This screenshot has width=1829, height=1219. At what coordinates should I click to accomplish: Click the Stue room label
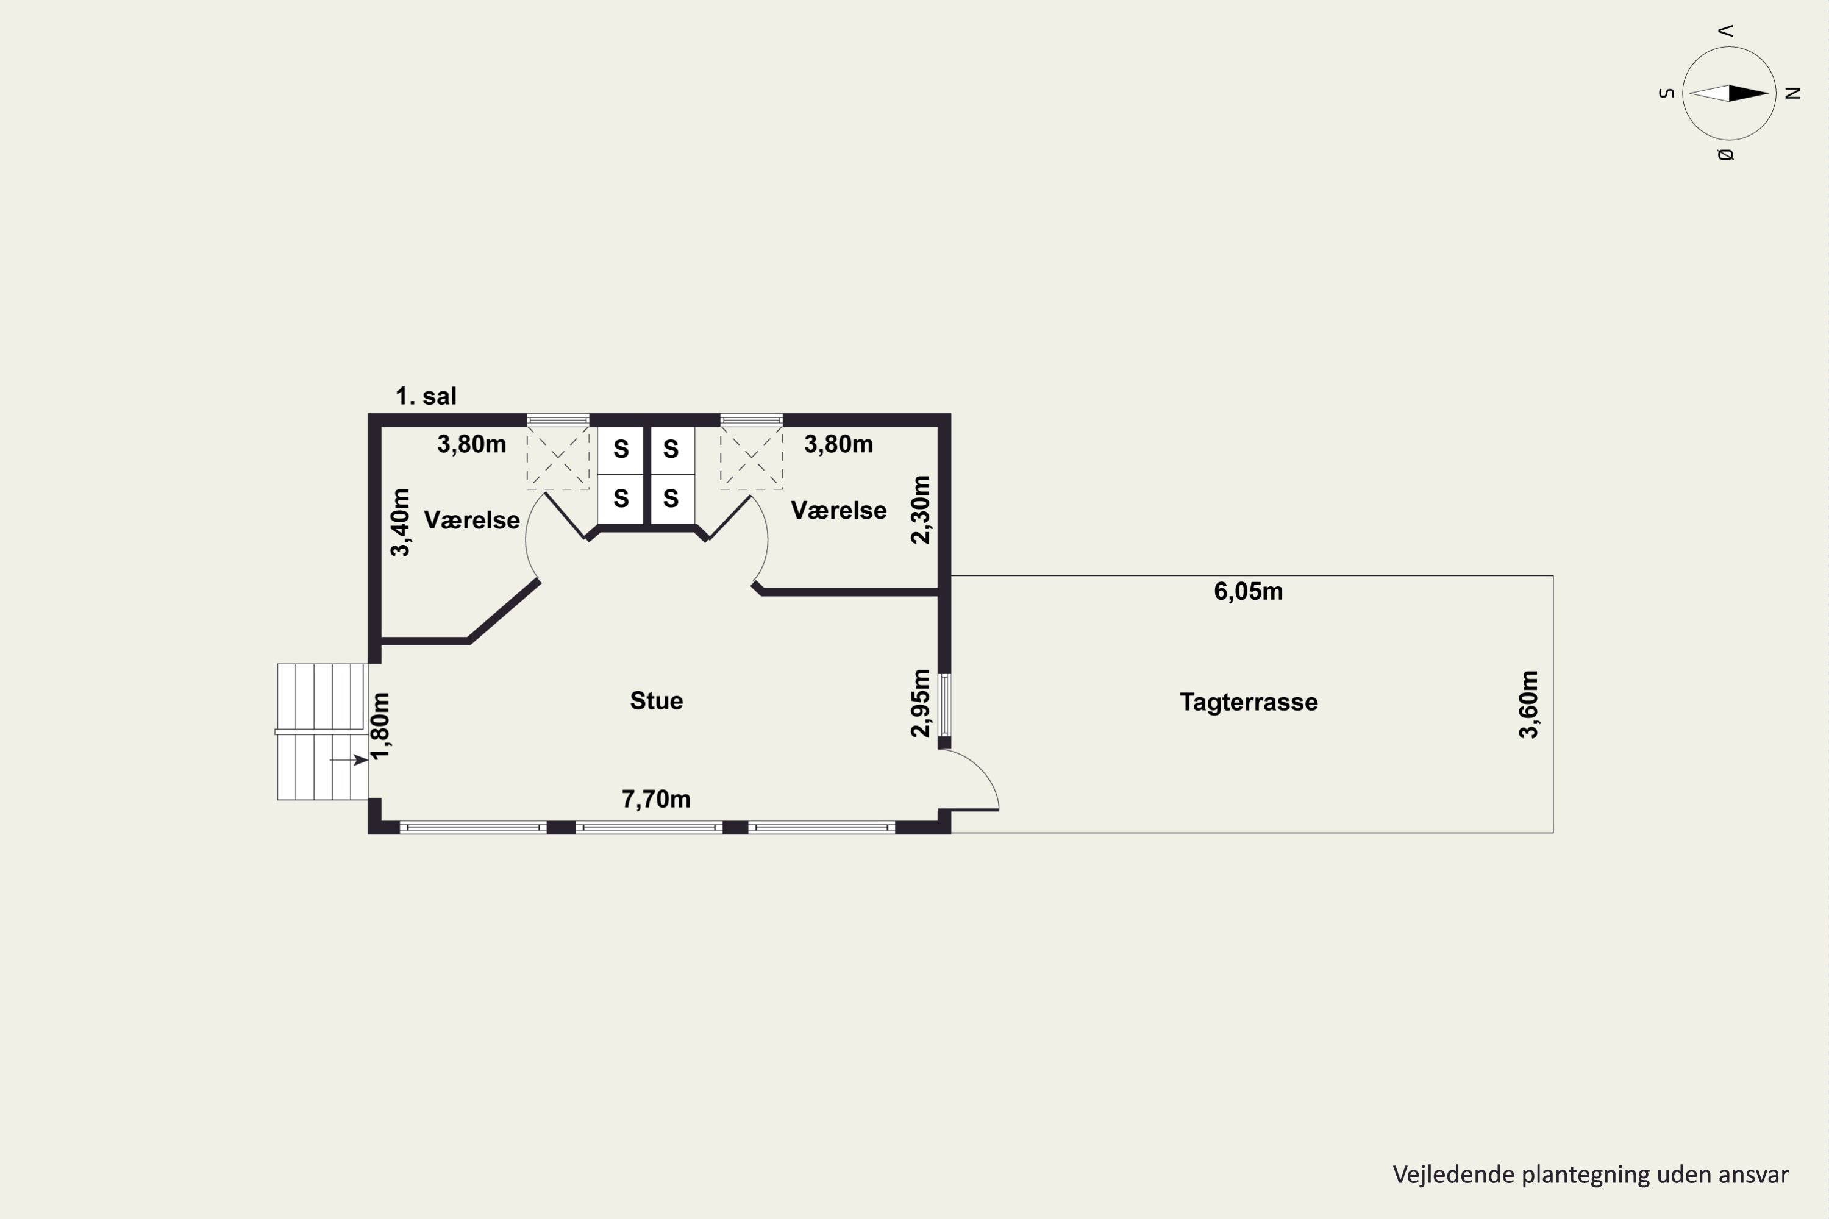[657, 700]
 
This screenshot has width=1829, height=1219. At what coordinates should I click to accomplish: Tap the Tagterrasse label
[1249, 702]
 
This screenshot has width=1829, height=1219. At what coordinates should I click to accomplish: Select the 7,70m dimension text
[657, 799]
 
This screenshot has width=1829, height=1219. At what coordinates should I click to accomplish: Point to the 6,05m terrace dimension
[1249, 592]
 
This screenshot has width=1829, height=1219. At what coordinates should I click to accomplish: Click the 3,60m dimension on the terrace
[1529, 705]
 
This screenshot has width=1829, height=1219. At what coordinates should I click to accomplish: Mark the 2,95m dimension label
[920, 703]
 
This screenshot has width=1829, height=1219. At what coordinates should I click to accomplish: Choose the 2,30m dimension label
[920, 510]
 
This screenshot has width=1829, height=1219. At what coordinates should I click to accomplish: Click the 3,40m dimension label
[400, 522]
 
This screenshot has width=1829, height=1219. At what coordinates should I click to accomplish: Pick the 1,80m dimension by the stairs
[380, 726]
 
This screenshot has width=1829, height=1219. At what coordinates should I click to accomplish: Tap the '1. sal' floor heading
[426, 397]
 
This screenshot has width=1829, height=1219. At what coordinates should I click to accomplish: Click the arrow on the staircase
[349, 759]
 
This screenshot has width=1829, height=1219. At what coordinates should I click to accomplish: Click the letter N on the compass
[1792, 93]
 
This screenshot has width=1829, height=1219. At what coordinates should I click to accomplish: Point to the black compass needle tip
[1769, 93]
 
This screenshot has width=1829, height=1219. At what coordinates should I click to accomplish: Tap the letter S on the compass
[1666, 93]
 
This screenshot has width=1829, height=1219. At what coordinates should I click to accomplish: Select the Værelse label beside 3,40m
[472, 520]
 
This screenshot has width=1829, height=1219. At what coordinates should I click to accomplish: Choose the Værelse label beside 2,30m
[839, 510]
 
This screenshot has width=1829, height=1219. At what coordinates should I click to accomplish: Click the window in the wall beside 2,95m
[944, 705]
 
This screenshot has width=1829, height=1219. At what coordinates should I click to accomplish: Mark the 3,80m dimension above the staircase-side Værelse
[472, 445]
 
